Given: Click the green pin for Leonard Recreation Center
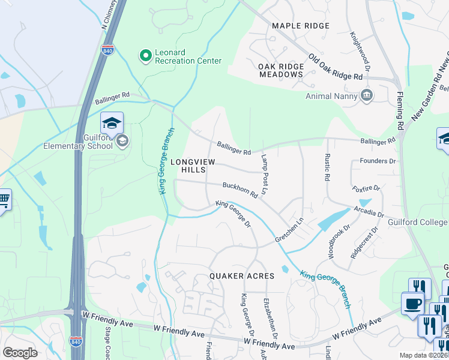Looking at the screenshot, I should tap(145, 56).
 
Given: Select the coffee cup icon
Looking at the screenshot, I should tap(412, 304).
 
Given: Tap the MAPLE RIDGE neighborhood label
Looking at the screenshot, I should tap(301, 26).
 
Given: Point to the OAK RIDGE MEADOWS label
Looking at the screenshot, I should tap(281, 70).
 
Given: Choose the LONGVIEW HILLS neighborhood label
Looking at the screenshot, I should tap(192, 166).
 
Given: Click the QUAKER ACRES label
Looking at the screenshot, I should tap(242, 276).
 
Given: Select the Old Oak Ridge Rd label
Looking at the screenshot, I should tap(336, 68).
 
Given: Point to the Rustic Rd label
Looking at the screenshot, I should tap(327, 168).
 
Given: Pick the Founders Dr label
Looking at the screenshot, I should tap(378, 161).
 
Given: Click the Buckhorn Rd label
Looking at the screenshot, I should tap(240, 190).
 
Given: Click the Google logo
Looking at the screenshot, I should tap(20, 352).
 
